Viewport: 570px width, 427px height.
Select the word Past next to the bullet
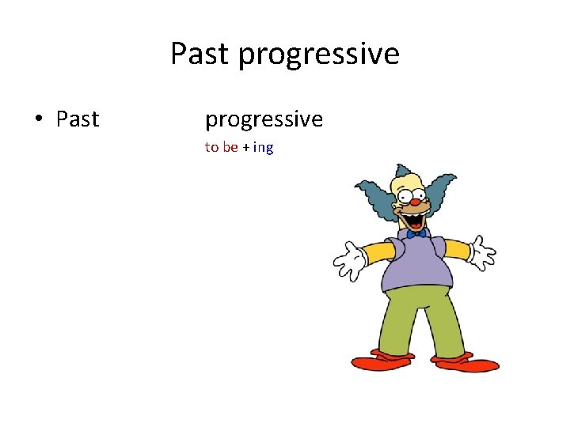(78, 119)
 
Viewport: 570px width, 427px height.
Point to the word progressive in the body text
(264, 120)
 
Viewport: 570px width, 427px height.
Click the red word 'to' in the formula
(211, 147)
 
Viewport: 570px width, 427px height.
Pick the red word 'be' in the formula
(230, 147)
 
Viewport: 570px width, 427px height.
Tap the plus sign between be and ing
(245, 148)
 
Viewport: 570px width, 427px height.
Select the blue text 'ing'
(263, 148)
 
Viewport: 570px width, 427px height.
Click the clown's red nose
(414, 202)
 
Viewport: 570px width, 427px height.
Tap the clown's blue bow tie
(417, 232)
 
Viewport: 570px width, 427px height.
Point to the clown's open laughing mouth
(415, 213)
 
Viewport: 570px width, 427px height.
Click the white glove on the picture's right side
(481, 252)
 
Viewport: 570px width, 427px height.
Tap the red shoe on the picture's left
(382, 361)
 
